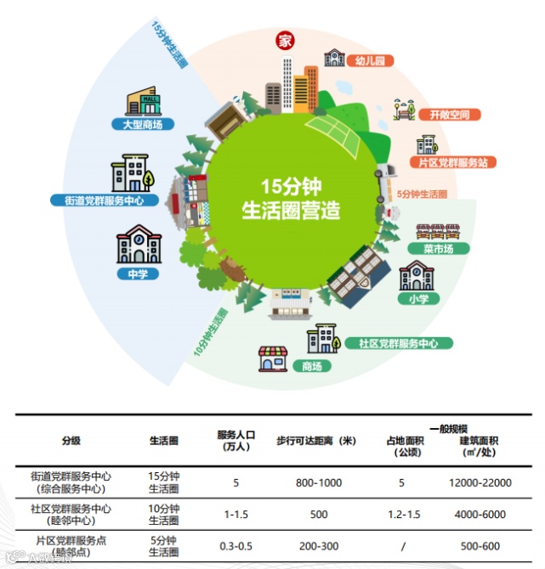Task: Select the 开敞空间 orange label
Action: point(449,114)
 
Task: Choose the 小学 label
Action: point(417,299)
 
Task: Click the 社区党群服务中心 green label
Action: point(398,343)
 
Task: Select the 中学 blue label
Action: point(138,273)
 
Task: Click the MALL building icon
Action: point(145,102)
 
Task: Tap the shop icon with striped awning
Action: point(273,360)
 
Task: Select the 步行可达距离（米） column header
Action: point(315,441)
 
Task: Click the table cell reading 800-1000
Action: point(318,482)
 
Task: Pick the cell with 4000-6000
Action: point(480,514)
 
